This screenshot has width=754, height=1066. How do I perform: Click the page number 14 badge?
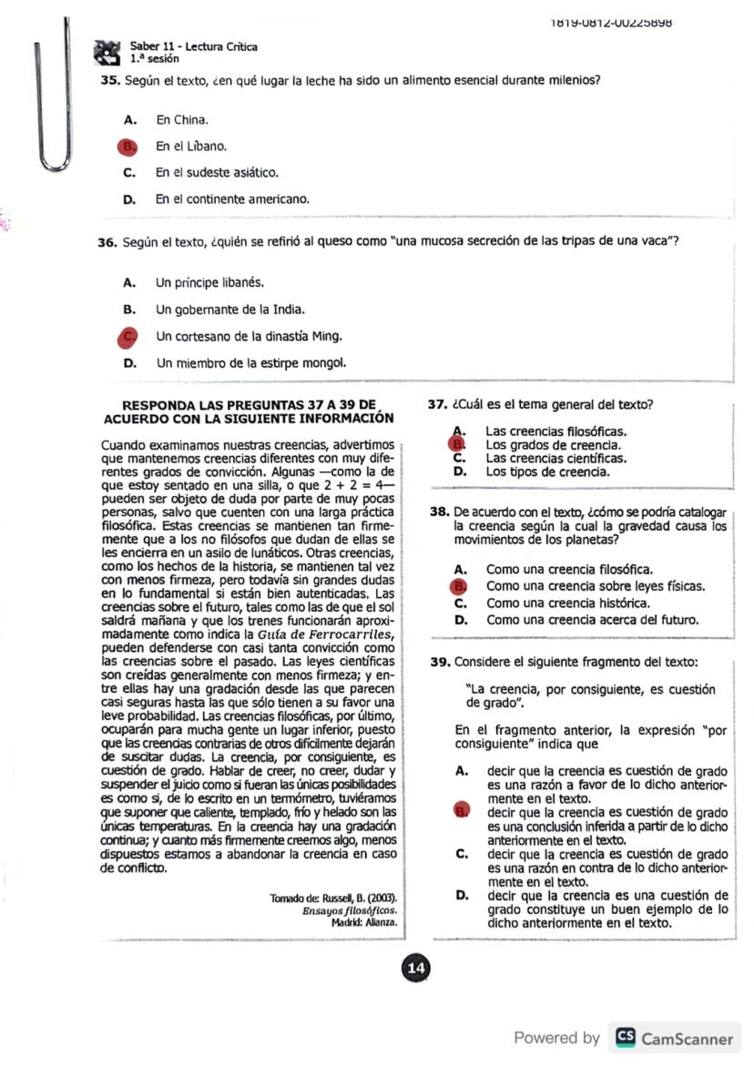pos(416,969)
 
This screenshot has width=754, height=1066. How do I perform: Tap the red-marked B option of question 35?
pos(128,146)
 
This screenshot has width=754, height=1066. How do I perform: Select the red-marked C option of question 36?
pos(128,337)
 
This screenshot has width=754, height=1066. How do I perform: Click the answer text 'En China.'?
pos(182,119)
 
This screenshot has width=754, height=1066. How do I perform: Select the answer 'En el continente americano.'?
pos(232,198)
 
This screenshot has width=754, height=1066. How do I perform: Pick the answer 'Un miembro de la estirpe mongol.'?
pos(251,363)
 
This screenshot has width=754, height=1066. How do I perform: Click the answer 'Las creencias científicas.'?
pos(555,459)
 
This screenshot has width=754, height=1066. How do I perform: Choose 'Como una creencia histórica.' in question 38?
pos(568,603)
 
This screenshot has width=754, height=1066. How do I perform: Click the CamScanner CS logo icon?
pos(626,1038)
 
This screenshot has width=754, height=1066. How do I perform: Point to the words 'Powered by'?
pos(556,1038)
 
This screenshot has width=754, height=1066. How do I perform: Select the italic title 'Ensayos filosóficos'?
pos(351,910)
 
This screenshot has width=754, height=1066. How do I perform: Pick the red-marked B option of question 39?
pos(461,811)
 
